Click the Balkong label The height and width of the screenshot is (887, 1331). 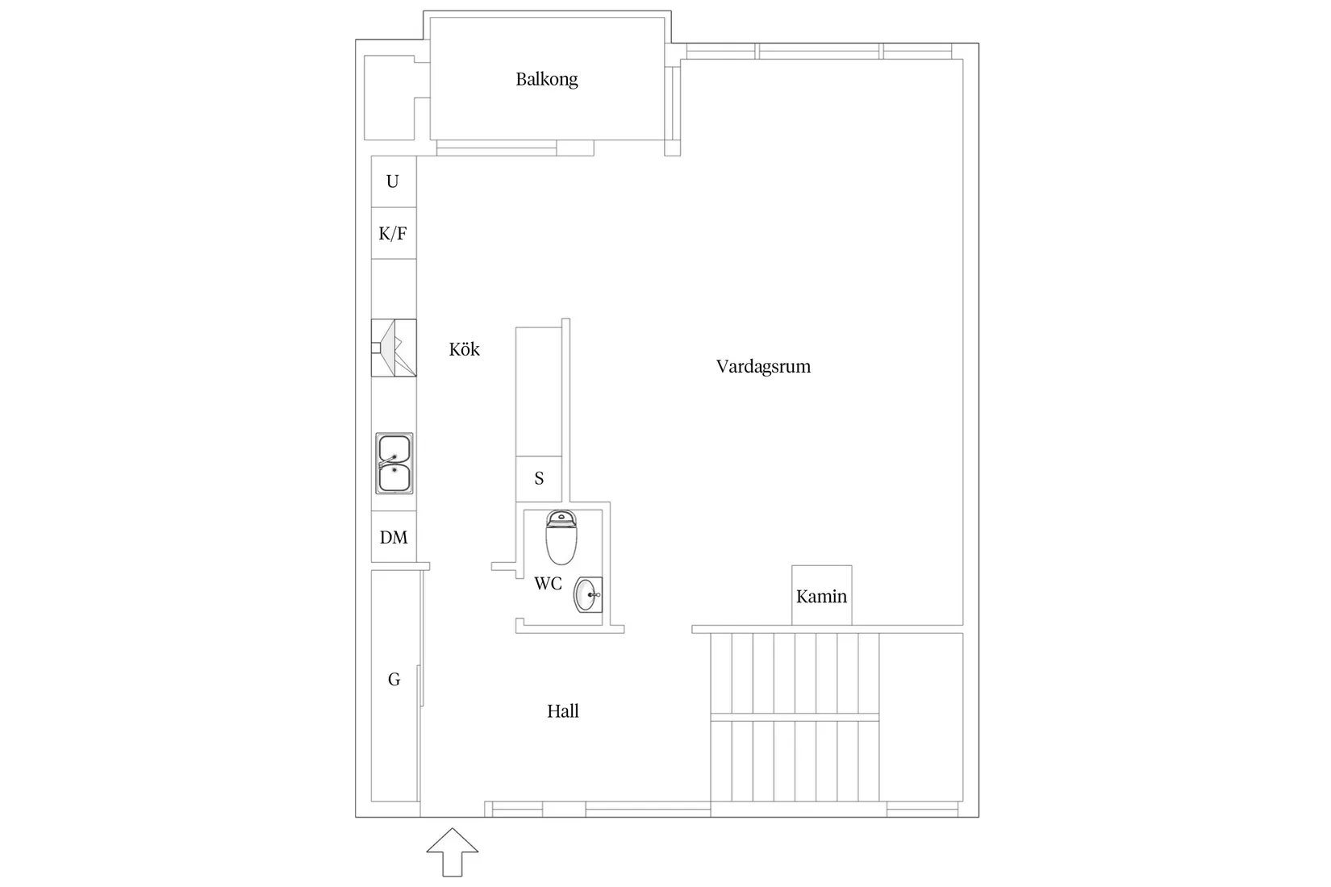pos(547,79)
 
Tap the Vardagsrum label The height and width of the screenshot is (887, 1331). pos(763,367)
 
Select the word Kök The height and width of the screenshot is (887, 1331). pos(464,349)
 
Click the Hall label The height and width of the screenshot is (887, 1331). pos(562,711)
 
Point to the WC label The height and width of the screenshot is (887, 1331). pos(548,584)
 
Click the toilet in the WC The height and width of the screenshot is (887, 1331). pos(561,537)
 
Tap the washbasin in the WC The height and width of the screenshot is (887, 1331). pos(587,595)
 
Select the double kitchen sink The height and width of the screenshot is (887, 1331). pos(394,464)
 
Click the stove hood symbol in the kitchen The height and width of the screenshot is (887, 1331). pos(394,348)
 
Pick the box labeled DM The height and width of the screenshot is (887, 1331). pos(394,537)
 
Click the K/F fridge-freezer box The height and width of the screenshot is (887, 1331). pos(394,234)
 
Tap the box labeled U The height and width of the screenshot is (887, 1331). pos(394,181)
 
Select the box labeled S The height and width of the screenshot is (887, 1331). pos(539,479)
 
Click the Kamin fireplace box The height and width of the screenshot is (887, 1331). pos(821,596)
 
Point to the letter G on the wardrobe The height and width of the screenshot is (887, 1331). pos(394,680)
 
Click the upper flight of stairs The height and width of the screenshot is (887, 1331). pos(795,673)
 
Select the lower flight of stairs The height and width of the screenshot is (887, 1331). pos(795,760)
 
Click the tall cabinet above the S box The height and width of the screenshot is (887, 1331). pos(538,391)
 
